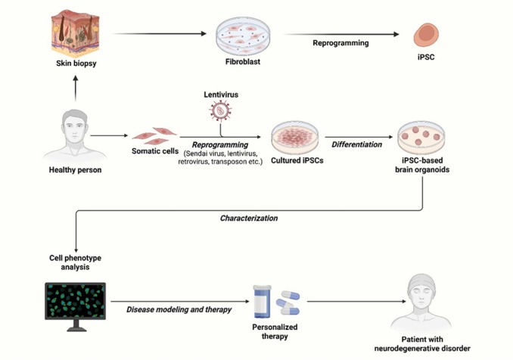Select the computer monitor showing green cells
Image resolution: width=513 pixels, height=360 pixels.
pos(76,306)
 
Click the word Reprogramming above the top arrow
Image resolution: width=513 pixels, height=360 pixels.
pos(340,43)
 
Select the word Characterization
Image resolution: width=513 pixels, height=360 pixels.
pos(250,217)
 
